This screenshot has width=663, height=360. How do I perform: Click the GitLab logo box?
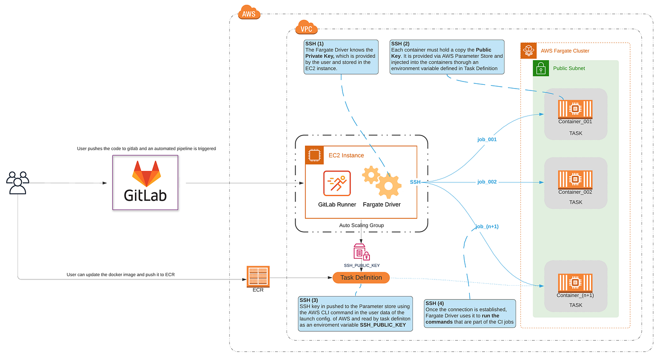[145, 182]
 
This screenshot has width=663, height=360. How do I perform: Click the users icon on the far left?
[18, 182]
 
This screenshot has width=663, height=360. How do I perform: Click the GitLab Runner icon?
[337, 183]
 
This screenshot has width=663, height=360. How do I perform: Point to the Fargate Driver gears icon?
[382, 182]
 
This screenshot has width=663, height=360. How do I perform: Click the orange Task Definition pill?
[361, 278]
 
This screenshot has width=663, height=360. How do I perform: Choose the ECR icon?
[258, 276]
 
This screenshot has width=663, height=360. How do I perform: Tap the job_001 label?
[487, 140]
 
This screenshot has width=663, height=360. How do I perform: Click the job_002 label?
[487, 182]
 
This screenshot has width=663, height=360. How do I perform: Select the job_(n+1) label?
[487, 226]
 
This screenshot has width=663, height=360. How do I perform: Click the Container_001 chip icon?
[575, 108]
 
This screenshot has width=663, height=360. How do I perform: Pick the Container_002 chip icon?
[575, 180]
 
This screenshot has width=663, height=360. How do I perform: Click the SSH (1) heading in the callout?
[314, 44]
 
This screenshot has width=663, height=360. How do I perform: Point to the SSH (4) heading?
[435, 303]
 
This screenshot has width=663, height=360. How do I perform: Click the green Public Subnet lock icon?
[541, 68]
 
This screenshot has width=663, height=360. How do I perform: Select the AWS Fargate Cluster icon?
[529, 51]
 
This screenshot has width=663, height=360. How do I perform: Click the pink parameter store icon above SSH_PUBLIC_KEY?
[361, 252]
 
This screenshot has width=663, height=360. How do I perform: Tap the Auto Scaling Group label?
[361, 225]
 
